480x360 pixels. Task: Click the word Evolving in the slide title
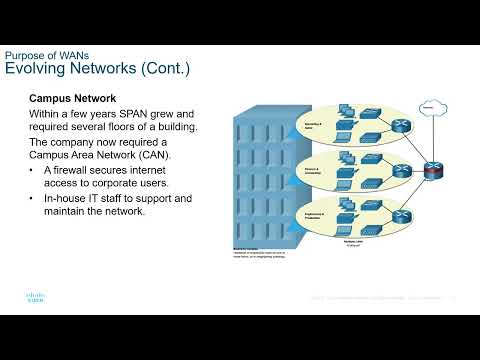point(37,69)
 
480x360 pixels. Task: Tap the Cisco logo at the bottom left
point(23,299)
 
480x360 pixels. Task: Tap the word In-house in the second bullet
point(69,198)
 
